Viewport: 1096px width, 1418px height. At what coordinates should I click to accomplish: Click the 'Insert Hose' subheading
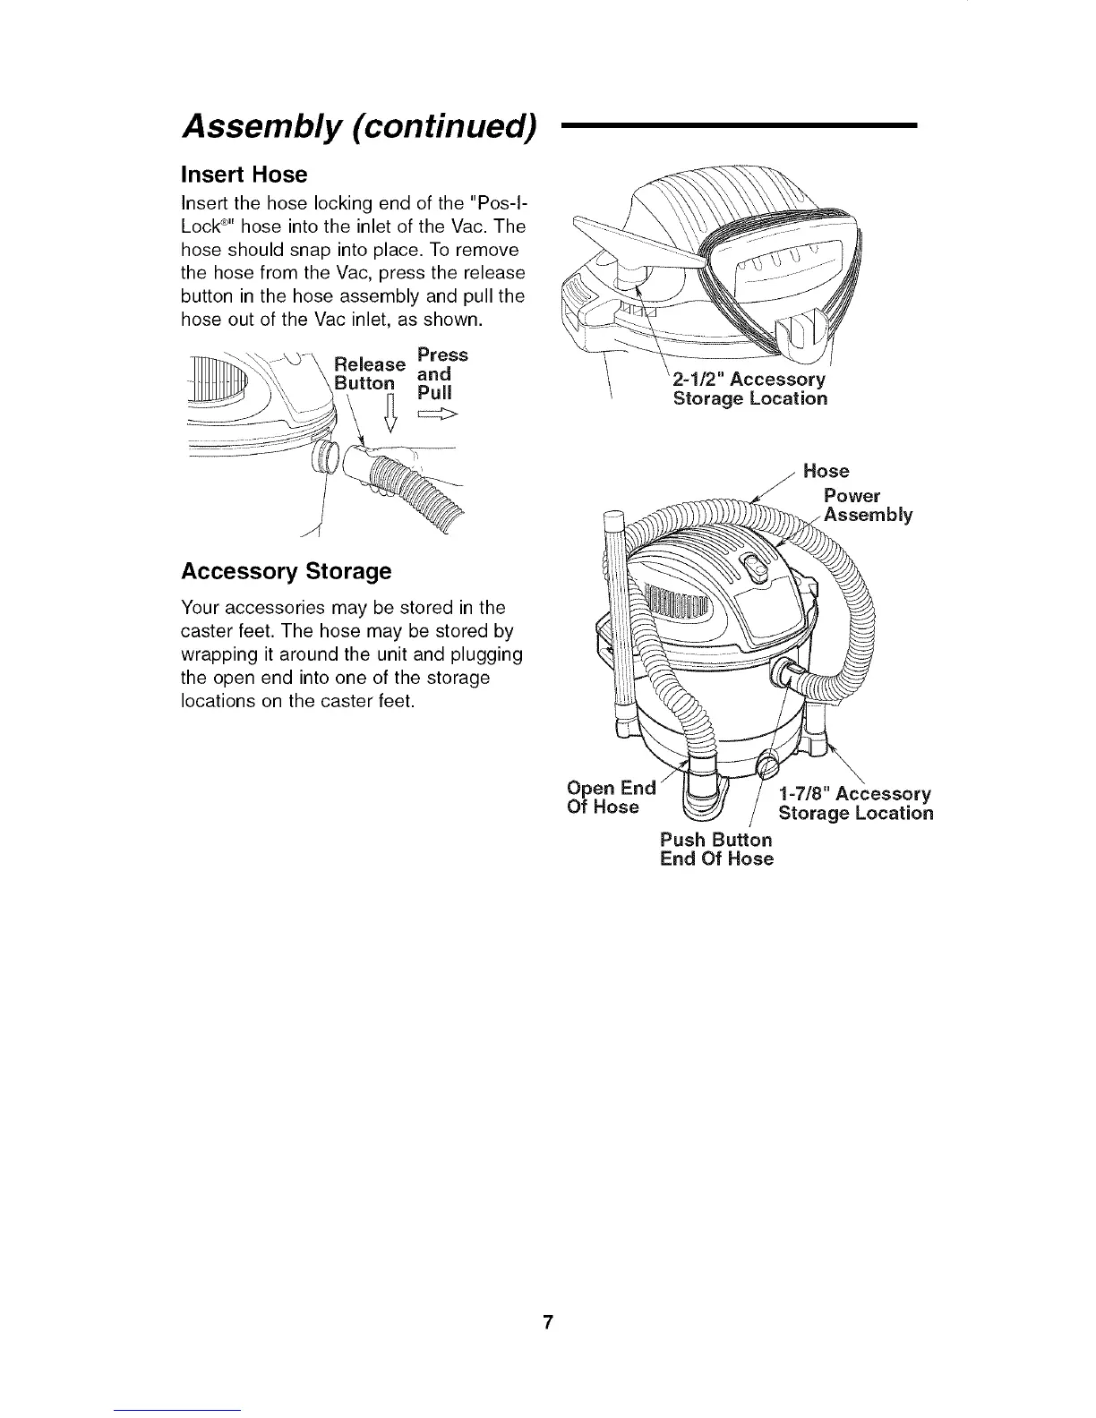pyautogui.click(x=244, y=174)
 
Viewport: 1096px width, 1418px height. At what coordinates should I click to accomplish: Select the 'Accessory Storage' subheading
pyautogui.click(x=286, y=571)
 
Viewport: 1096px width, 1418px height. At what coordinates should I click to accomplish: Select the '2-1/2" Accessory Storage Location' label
pyautogui.click(x=749, y=389)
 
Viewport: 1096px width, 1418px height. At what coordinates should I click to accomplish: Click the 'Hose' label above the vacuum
pyautogui.click(x=826, y=471)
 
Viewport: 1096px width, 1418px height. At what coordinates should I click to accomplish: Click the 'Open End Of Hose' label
pyautogui.click(x=612, y=798)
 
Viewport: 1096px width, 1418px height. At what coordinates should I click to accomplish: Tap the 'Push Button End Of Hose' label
pyautogui.click(x=715, y=850)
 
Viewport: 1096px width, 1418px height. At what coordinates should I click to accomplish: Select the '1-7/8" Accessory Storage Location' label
pyautogui.click(x=855, y=804)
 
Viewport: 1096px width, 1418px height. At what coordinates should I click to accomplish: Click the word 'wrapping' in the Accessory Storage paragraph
pyautogui.click(x=215, y=654)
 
